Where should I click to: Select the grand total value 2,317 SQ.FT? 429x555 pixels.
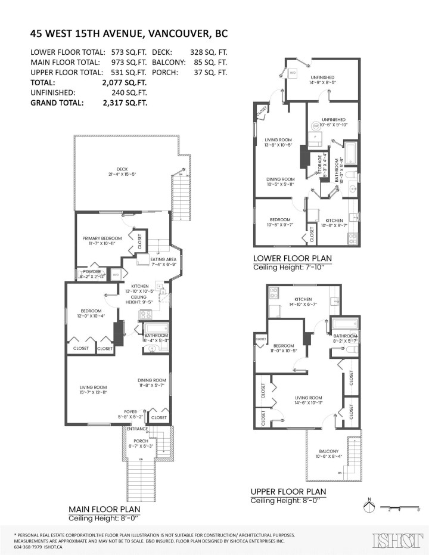tap(125, 103)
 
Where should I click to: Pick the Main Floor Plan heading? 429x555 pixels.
tap(104, 509)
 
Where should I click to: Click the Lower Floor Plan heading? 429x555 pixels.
tap(292, 258)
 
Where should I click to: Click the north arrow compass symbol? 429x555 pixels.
tap(369, 506)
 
